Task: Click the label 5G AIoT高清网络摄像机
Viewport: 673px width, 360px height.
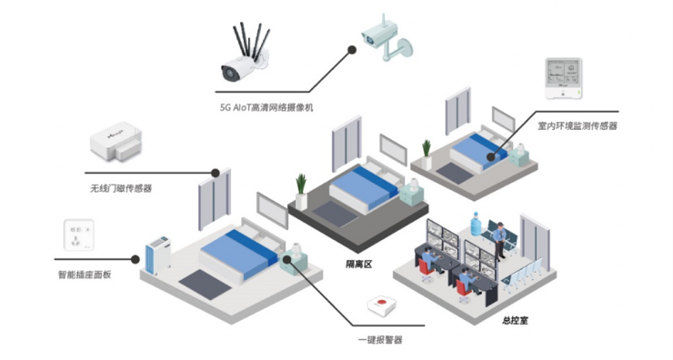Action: (266, 106)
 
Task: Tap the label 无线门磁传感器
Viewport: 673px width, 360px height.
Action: (114, 189)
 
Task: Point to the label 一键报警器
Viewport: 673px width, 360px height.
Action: (379, 339)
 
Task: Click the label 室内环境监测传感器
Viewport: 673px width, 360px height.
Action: (577, 126)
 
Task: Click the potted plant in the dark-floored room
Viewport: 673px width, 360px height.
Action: (300, 191)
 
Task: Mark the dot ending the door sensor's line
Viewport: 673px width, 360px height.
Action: (216, 172)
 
